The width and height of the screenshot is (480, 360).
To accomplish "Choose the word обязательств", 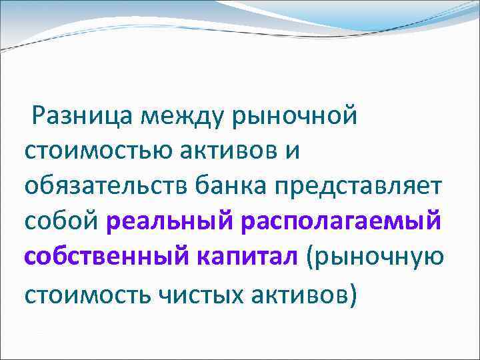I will coord(107,189).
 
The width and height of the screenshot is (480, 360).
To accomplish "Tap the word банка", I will coord(227,189).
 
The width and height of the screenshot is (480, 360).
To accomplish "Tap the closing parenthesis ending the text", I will coord(351,295).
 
